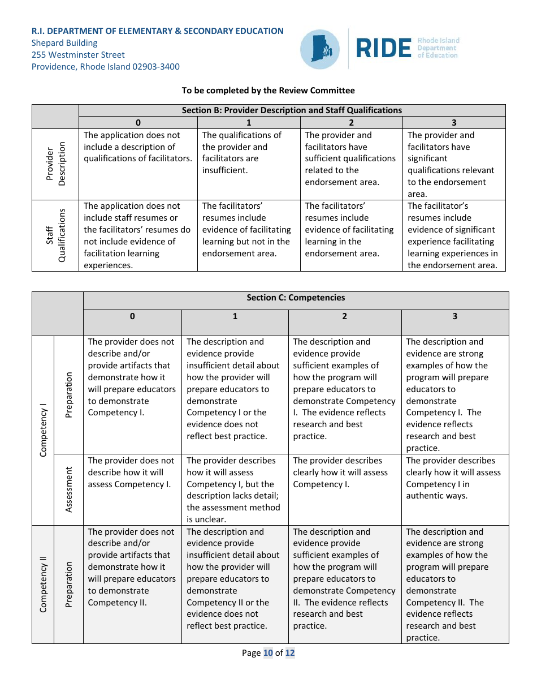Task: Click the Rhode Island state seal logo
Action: point(319,49)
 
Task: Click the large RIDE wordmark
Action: point(384,49)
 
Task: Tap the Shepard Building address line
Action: point(64,43)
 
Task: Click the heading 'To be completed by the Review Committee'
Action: point(268,91)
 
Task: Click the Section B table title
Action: point(292,110)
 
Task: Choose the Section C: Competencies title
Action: point(295,298)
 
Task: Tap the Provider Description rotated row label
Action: point(55,164)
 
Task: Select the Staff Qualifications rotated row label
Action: point(55,235)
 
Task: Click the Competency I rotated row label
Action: point(43,431)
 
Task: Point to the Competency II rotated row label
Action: point(43,584)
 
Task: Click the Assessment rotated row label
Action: point(69,489)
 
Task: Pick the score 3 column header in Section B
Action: point(454,123)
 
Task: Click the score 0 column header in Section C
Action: point(132,316)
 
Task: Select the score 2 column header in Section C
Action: point(344,316)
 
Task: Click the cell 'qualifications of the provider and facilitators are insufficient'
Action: point(249,153)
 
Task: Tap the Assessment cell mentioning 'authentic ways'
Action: point(454,478)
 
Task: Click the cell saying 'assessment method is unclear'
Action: point(235,490)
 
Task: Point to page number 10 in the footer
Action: point(267,653)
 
